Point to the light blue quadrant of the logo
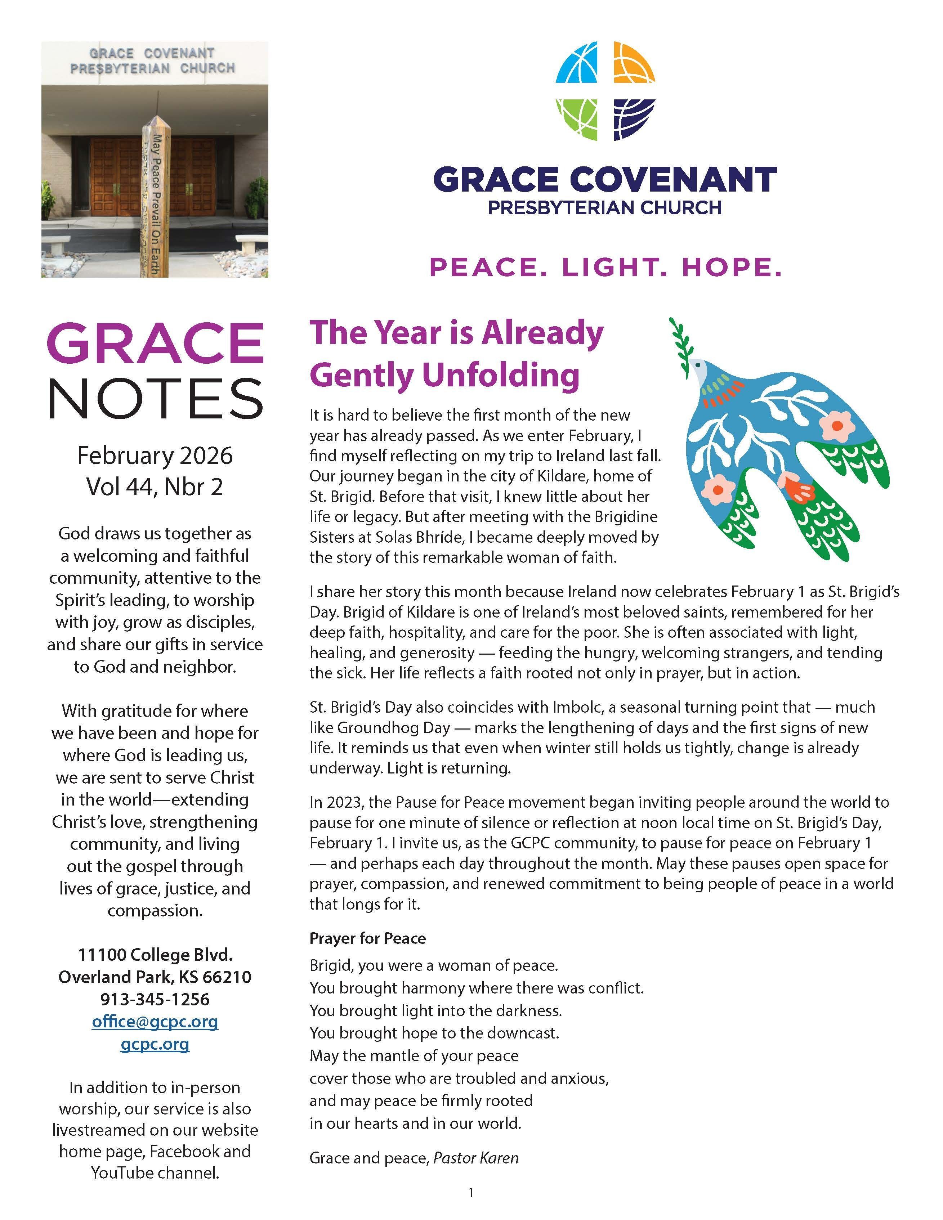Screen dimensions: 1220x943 click(577, 63)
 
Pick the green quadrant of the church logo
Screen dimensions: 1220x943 click(577, 118)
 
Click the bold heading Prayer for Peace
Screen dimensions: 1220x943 click(368, 938)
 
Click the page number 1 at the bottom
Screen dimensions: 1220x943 click(471, 1193)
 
